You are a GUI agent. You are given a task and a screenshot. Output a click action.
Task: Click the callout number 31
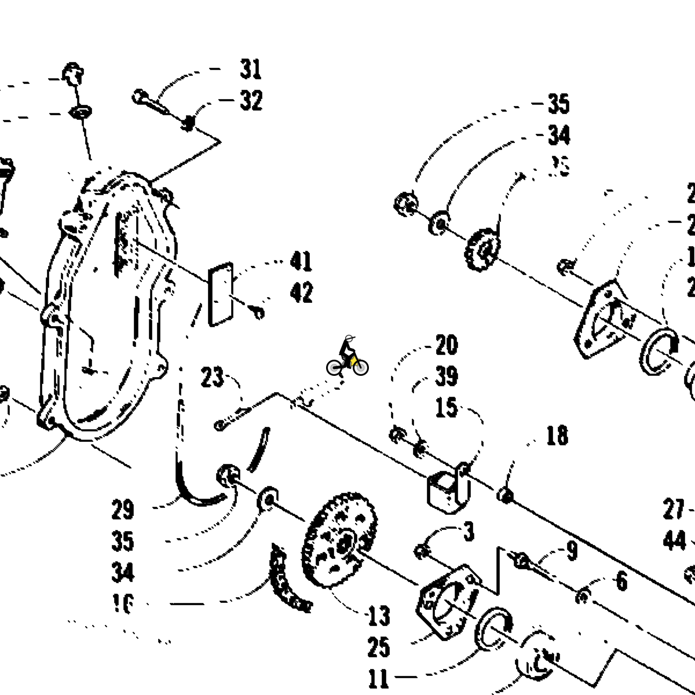pyautogui.click(x=251, y=69)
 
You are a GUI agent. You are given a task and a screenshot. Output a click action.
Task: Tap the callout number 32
pyautogui.click(x=251, y=101)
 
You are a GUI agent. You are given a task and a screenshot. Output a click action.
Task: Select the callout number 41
pyautogui.click(x=301, y=262)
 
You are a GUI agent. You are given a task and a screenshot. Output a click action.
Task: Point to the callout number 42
pyautogui.click(x=301, y=293)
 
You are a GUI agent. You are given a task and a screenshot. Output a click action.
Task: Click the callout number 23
pyautogui.click(x=212, y=378)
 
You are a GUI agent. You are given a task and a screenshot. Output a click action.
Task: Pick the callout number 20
pyautogui.click(x=446, y=346)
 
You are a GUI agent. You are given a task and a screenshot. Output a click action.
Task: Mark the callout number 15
pyautogui.click(x=446, y=408)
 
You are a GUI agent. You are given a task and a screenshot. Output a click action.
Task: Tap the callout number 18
pyautogui.click(x=557, y=436)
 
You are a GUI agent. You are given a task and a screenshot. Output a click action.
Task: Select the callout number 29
pyautogui.click(x=123, y=510)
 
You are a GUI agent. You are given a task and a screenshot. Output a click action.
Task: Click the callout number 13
pyautogui.click(x=379, y=616)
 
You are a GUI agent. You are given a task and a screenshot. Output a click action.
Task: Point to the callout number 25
pyautogui.click(x=379, y=648)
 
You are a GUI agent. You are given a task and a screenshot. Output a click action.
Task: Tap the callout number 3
pyautogui.click(x=469, y=531)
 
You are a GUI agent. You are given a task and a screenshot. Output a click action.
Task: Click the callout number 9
pyautogui.click(x=572, y=551)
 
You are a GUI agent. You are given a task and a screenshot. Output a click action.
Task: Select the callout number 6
pyautogui.click(x=621, y=580)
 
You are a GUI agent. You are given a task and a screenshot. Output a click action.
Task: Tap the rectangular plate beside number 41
pyautogui.click(x=221, y=294)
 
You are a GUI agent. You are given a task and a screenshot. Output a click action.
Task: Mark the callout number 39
pyautogui.click(x=446, y=376)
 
